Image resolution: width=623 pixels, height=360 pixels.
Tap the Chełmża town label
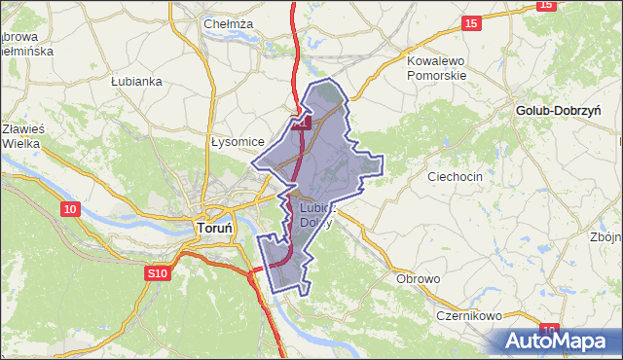[229, 23]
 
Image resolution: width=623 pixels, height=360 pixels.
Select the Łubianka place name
[135, 81]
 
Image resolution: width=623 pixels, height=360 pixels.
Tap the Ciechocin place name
[456, 177]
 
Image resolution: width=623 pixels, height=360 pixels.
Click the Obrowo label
[419, 279]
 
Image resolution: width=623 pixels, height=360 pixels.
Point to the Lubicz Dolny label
[317, 214]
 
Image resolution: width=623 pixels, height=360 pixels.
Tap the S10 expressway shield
[158, 275]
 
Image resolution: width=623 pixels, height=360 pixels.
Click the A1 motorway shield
[302, 124]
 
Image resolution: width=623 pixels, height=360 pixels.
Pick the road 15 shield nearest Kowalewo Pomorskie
[471, 23]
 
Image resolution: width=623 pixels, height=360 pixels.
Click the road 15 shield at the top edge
[545, 5]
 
